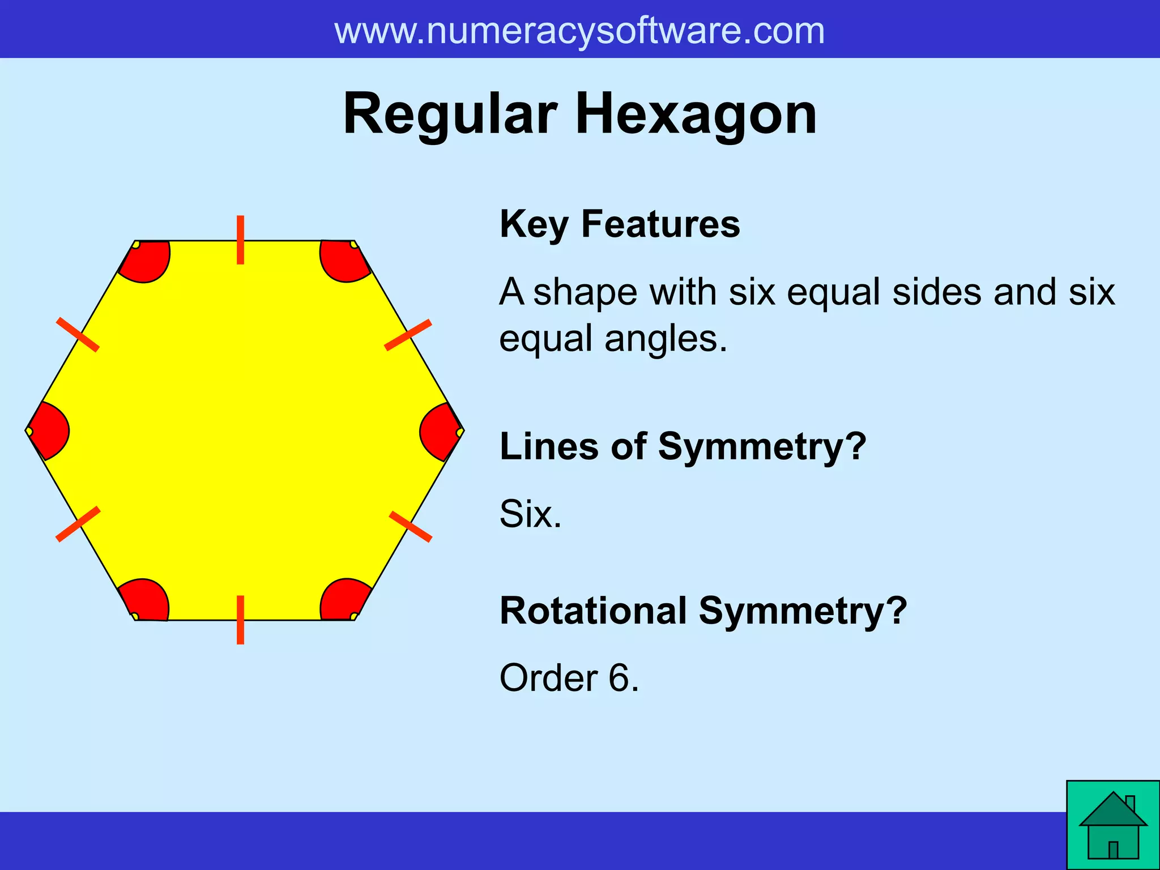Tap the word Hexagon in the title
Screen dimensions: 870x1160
click(696, 115)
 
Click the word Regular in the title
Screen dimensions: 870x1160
click(451, 115)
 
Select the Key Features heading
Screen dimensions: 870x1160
click(620, 224)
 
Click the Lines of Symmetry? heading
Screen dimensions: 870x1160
click(683, 446)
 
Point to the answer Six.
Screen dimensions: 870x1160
click(530, 514)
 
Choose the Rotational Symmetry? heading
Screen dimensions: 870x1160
click(703, 611)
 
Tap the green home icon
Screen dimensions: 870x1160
click(1113, 825)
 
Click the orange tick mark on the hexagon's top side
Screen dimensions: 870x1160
click(241, 240)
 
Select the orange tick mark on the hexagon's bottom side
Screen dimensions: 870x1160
click(241, 620)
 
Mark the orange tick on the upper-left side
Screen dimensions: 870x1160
click(78, 335)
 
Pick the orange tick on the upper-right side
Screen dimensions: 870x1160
click(408, 335)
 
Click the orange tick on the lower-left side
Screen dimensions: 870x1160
click(78, 524)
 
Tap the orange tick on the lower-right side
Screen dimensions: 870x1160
click(411, 526)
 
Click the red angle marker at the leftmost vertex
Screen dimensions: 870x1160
click(49, 431)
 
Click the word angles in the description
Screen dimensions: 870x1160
click(665, 339)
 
